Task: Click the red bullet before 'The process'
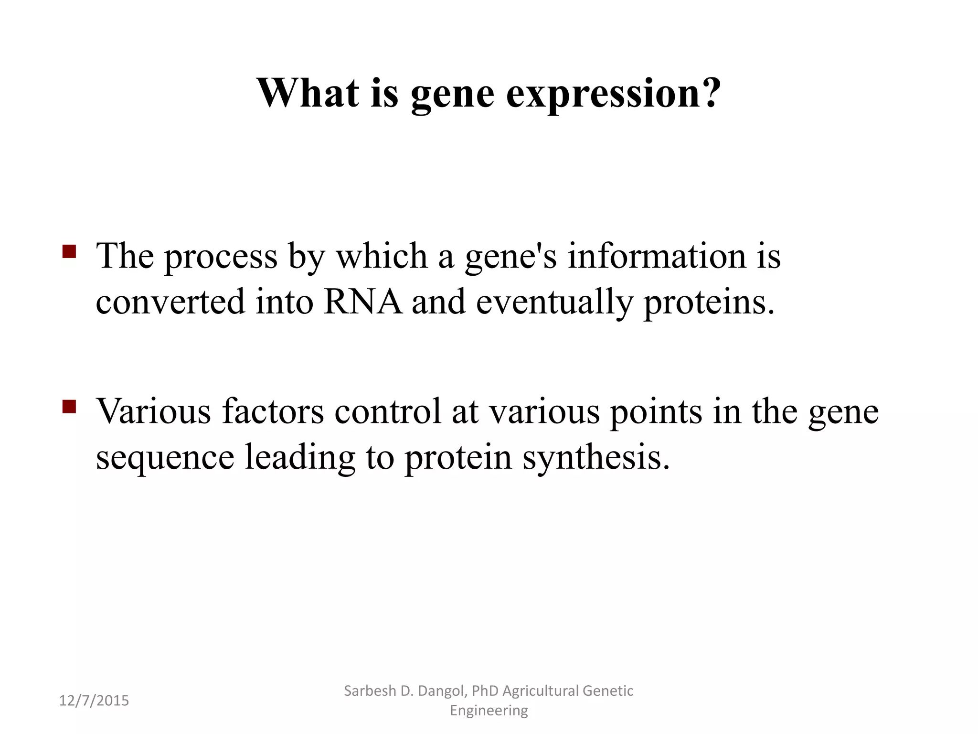(69, 252)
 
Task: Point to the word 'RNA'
(363, 302)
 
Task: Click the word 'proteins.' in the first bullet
(709, 302)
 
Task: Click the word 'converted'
(170, 302)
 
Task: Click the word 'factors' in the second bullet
(273, 411)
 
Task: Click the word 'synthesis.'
(596, 458)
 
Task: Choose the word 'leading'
(300, 458)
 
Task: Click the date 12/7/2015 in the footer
(94, 701)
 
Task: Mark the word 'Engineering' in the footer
(489, 711)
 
